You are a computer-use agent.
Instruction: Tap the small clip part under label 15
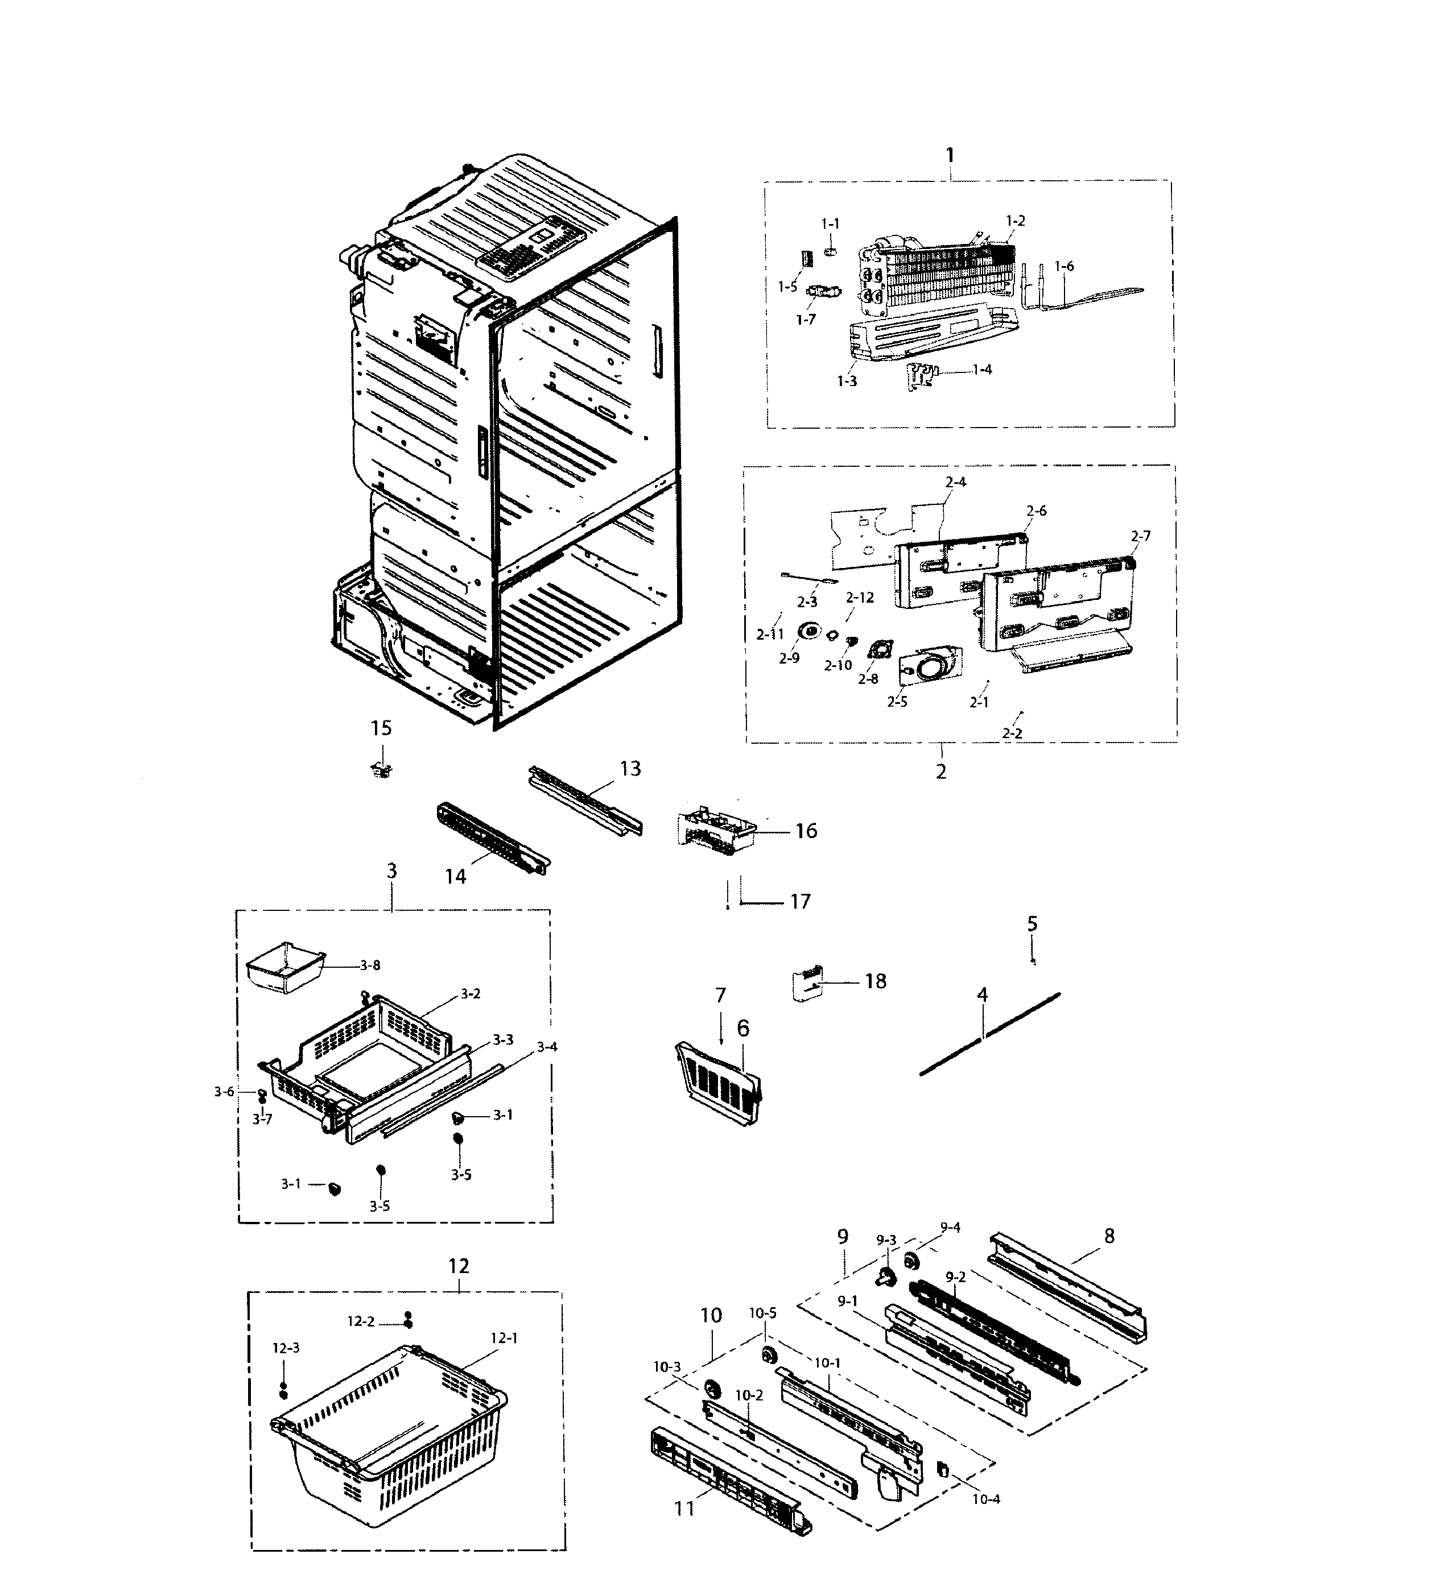(382, 770)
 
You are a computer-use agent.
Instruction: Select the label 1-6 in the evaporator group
(1063, 266)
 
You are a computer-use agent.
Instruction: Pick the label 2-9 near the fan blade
(789, 658)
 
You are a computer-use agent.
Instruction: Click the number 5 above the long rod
(1032, 923)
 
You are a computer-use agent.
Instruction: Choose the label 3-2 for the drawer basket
(470, 994)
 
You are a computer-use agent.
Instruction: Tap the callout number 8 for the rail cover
(1109, 1236)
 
